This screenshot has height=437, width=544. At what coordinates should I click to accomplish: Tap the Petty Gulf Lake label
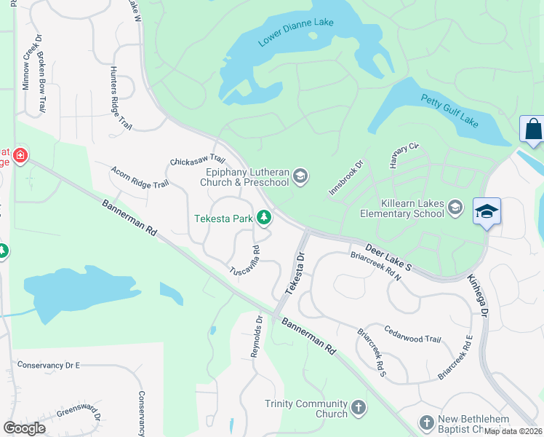coord(449,111)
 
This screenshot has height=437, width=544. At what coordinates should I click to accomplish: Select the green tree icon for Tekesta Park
coord(265,217)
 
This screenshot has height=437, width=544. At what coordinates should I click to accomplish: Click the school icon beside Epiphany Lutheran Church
coord(300,176)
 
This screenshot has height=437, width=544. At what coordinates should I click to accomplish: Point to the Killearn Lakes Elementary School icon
coord(455,207)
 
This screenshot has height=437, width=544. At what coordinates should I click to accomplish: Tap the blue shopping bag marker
coord(532,129)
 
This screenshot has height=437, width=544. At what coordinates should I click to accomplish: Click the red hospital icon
coord(20,155)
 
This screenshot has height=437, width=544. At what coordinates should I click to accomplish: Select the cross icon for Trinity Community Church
coord(358,407)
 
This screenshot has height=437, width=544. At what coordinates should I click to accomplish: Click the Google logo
coord(25,428)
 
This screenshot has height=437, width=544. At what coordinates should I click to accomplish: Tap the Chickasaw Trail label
coord(197,159)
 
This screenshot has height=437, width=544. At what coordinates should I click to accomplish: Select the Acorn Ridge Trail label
coord(140,177)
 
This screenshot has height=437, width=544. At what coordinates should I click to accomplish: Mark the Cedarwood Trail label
coord(412,334)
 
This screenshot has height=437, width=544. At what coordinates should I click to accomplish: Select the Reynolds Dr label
coord(257,336)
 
